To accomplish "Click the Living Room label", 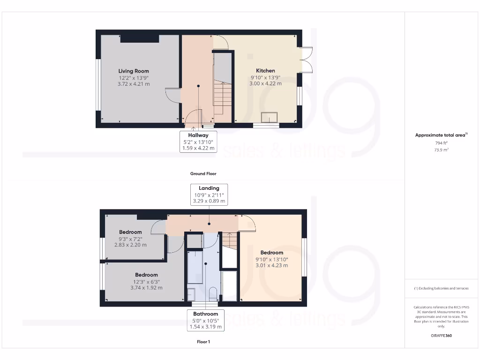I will coord(134,71).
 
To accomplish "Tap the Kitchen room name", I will coord(265,71).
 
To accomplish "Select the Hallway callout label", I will coord(198,135).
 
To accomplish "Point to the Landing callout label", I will coord(209,188).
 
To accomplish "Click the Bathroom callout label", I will coord(205,314).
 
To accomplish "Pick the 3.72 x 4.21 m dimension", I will coord(134,84).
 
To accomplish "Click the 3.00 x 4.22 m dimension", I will coord(265,83).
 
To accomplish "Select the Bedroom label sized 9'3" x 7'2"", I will coord(130,232).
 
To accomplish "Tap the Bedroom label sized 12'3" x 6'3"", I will coord(146,275).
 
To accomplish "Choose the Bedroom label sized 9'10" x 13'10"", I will coord(272,253).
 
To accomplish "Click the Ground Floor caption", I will coord(203,173).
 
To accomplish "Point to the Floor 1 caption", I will coord(203,342).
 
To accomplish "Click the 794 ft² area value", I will coord(441,142).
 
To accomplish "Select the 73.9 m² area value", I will coord(441,150).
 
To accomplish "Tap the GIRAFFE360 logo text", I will coord(441,336).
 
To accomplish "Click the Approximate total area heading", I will coord(441,135).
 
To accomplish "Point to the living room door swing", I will coord(172,96).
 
